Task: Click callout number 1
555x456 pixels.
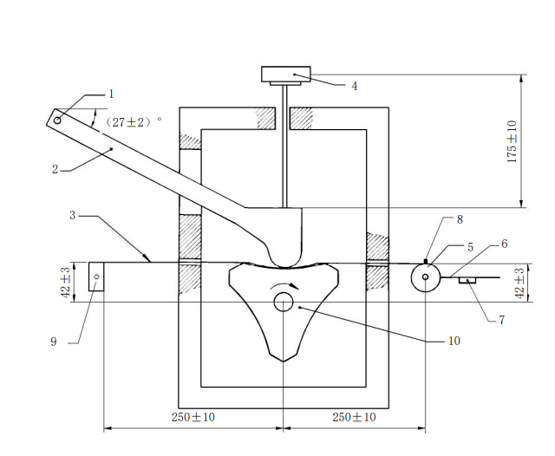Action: tap(111, 94)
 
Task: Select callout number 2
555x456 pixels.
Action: tap(55, 170)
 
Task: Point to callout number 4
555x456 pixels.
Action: tap(354, 86)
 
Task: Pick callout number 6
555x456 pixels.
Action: tap(505, 244)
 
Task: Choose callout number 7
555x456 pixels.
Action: tap(501, 320)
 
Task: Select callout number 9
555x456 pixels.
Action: tap(54, 342)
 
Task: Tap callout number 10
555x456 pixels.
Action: tap(454, 341)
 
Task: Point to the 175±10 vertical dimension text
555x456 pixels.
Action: tap(513, 142)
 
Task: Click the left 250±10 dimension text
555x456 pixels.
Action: tap(193, 417)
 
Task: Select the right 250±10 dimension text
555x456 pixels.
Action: tap(354, 417)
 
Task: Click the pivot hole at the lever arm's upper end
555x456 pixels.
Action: tap(57, 121)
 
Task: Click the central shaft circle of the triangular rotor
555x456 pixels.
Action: tap(284, 303)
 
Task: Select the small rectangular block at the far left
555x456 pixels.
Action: tap(96, 277)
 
